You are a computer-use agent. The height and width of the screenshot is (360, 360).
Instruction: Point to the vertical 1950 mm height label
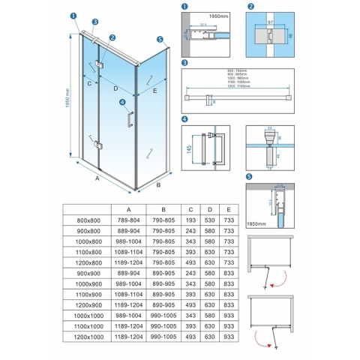(x=67, y=94)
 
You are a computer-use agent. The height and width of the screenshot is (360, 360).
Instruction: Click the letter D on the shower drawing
(x=115, y=88)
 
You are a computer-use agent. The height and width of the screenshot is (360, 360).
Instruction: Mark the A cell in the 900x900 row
(x=129, y=274)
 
